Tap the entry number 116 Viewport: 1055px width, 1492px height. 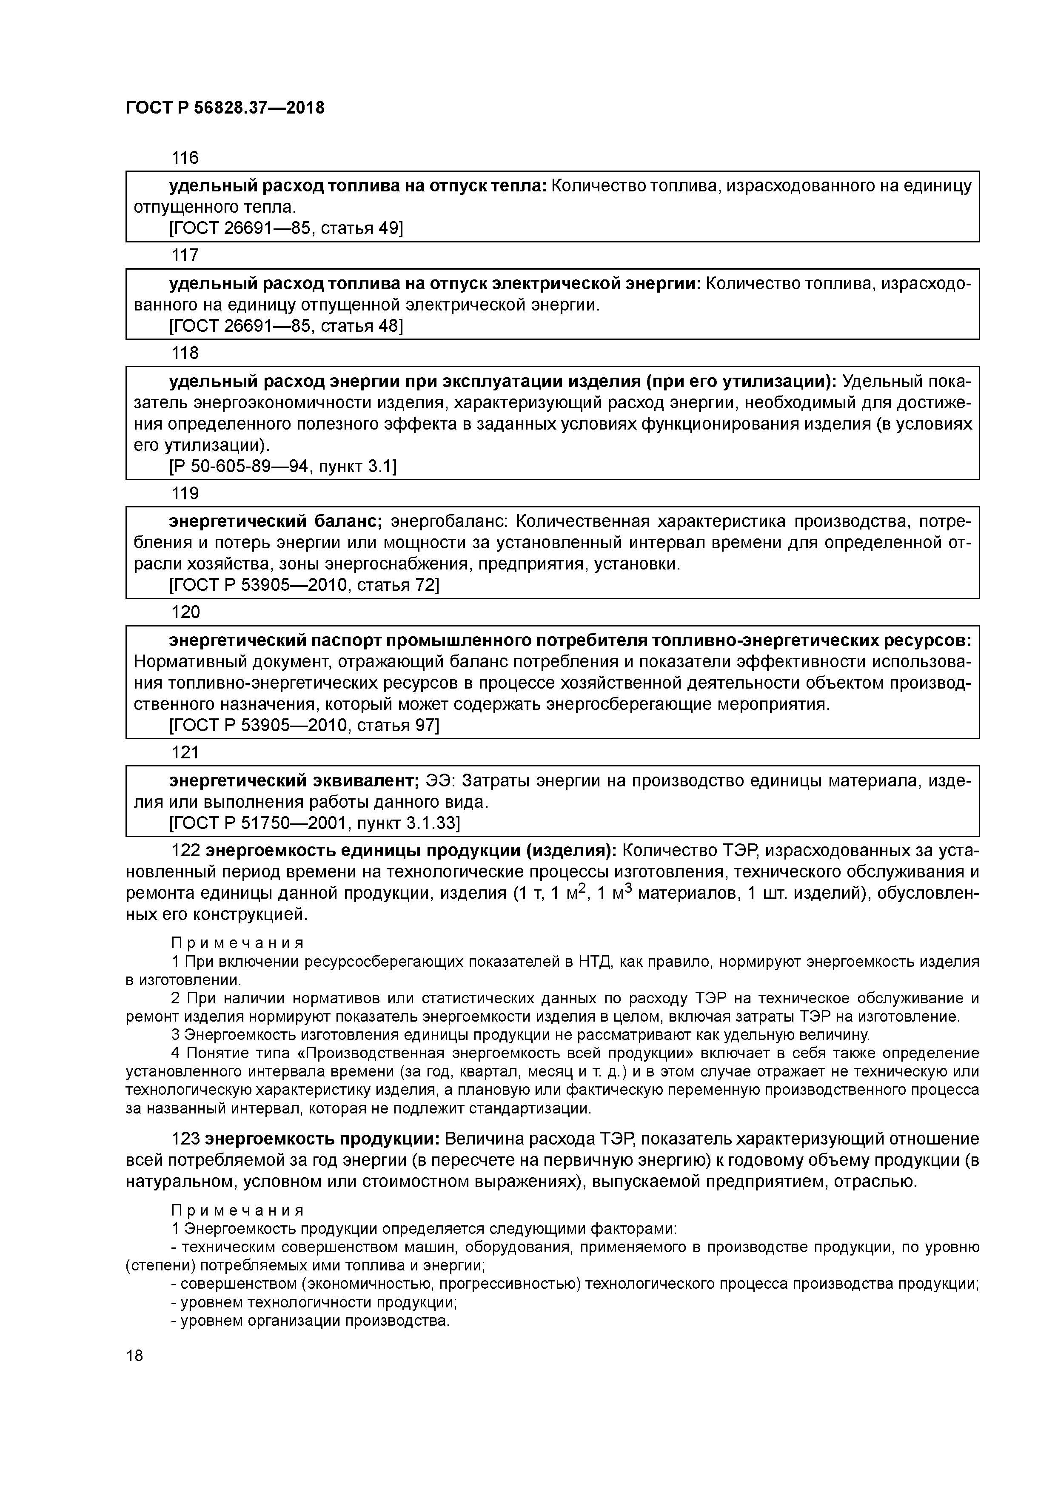(185, 157)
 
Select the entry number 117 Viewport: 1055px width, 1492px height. (185, 255)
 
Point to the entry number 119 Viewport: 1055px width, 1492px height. (185, 493)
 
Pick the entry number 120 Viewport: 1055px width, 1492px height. (185, 612)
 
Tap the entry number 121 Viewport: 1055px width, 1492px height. (185, 752)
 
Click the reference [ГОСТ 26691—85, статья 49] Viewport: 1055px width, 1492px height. (286, 228)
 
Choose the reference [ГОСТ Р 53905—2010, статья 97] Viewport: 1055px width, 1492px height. (304, 725)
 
